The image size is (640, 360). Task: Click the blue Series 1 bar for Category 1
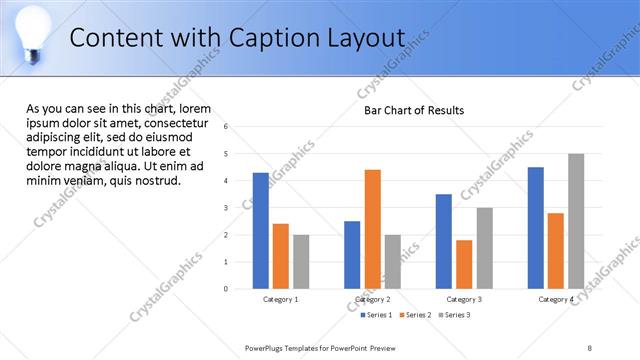click(260, 230)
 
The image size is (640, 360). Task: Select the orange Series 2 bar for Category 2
click(372, 229)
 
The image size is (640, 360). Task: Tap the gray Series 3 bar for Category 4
click(576, 221)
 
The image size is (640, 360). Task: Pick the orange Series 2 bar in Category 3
click(464, 264)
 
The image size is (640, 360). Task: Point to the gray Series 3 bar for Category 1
click(301, 262)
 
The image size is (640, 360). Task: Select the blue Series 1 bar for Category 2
click(352, 255)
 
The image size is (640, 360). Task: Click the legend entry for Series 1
click(376, 315)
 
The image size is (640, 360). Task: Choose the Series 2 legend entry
click(415, 315)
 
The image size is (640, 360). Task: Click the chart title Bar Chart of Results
click(413, 110)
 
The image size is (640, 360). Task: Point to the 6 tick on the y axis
click(227, 127)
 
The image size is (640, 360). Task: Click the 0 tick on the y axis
click(227, 289)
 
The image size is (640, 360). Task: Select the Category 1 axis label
click(280, 299)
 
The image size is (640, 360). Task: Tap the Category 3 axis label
click(464, 299)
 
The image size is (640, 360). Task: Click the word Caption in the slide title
click(267, 38)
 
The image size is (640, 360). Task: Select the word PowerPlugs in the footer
click(266, 347)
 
